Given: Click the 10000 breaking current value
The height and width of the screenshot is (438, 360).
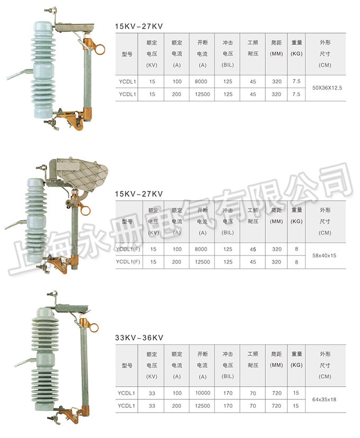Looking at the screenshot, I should (202, 393).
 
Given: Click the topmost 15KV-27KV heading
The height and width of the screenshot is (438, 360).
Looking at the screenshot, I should (139, 25).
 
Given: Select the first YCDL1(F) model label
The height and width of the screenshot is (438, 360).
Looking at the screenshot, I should (128, 249).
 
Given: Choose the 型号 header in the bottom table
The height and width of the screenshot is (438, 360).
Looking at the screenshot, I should (128, 366).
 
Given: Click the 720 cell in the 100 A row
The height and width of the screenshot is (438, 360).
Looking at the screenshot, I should (276, 393).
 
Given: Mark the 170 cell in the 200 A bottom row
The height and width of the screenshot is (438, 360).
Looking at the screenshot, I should (228, 406).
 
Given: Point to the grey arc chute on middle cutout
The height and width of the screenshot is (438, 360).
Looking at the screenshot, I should (85, 170).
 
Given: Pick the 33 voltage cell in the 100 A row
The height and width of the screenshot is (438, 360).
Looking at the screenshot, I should (152, 393).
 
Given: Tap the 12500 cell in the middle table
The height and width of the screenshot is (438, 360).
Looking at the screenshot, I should (202, 261).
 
